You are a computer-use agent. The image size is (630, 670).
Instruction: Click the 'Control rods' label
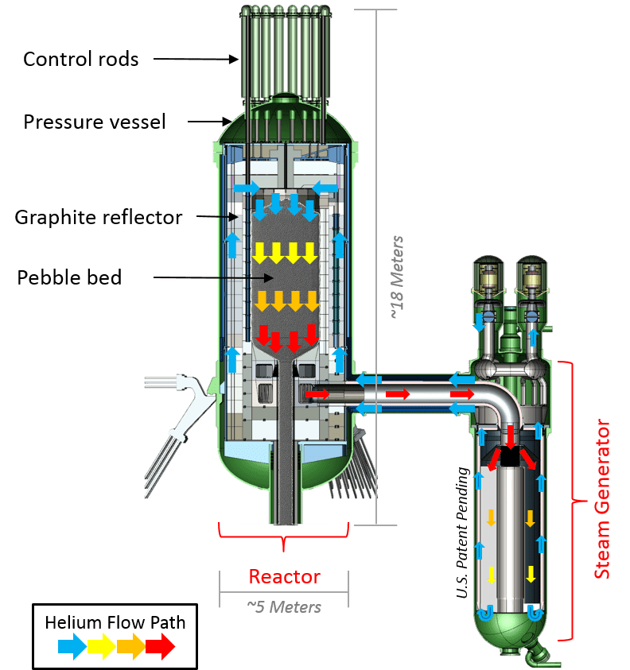pyautogui.click(x=80, y=59)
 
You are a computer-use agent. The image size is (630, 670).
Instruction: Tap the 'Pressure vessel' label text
pyautogui.click(x=95, y=122)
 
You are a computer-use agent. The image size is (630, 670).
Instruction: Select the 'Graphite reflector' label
pyautogui.click(x=99, y=217)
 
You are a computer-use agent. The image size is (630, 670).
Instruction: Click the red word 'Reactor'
pyautogui.click(x=284, y=576)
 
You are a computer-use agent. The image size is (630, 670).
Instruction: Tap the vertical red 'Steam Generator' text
pyautogui.click(x=602, y=499)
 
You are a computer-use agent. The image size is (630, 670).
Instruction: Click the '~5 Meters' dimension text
pyautogui.click(x=283, y=607)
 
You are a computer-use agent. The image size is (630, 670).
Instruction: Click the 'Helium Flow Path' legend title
pyautogui.click(x=116, y=622)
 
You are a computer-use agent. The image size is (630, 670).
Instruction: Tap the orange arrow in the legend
pyautogui.click(x=132, y=648)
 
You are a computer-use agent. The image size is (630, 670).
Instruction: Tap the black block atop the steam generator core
pyautogui.click(x=510, y=455)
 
